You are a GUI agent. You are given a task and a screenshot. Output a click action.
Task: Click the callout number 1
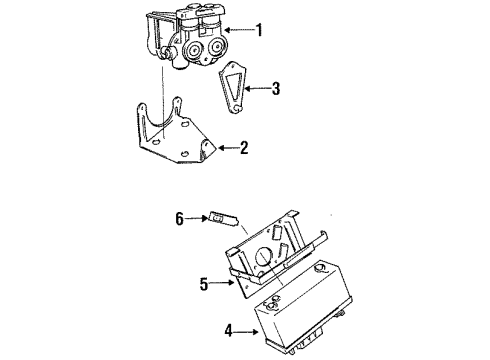click(x=259, y=29)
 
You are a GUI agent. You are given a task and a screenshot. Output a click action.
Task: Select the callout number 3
click(x=275, y=88)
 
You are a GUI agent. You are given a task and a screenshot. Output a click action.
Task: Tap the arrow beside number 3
click(x=257, y=88)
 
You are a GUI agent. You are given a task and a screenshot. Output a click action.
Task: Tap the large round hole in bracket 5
click(x=263, y=264)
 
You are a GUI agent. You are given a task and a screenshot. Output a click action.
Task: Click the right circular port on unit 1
click(x=212, y=52)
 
